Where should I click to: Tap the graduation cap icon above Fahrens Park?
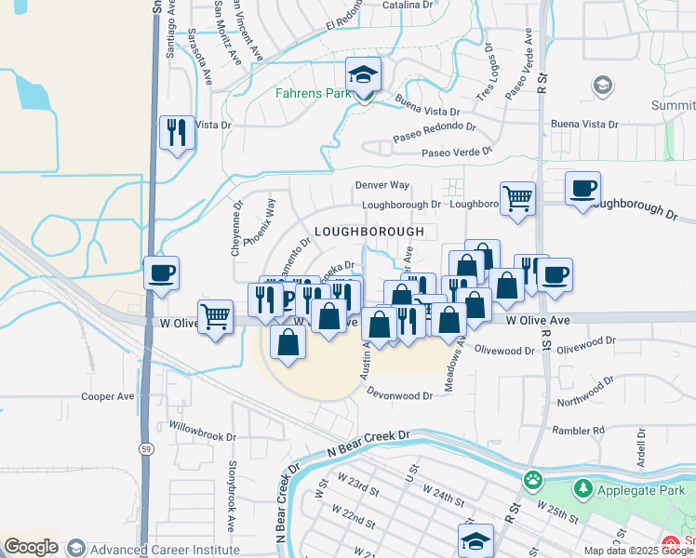point(364,73)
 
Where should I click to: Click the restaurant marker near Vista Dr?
point(176,132)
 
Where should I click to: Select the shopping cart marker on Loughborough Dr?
point(517,197)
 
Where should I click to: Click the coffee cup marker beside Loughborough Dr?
point(582,189)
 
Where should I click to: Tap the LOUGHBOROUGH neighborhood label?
point(368,231)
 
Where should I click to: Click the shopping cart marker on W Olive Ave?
point(215,316)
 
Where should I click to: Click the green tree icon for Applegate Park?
point(583,487)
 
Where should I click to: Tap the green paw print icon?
point(532,481)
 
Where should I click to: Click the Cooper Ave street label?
point(108,396)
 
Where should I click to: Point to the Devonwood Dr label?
point(400,395)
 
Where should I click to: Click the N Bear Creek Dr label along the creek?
point(368,442)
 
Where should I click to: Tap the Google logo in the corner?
point(31,546)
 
